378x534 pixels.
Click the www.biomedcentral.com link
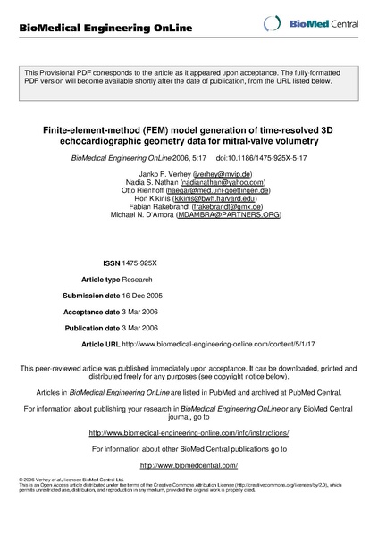tap(189, 466)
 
